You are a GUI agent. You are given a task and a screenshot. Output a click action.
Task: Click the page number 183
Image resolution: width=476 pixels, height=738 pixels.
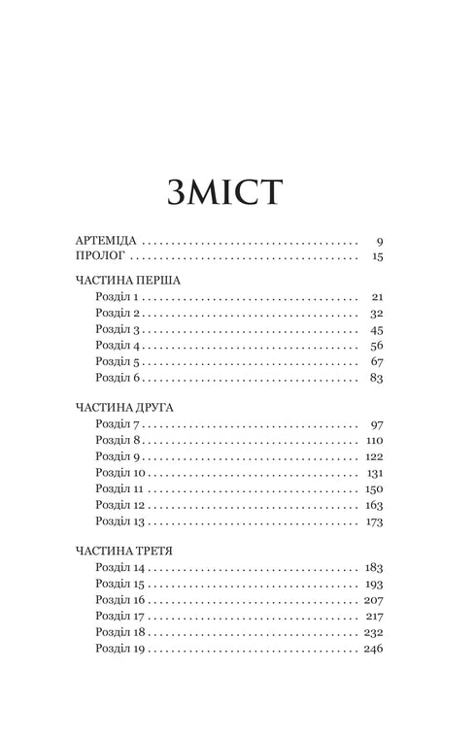click(x=373, y=566)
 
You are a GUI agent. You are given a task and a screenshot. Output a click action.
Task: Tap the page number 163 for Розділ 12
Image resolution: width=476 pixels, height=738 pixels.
click(x=374, y=506)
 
